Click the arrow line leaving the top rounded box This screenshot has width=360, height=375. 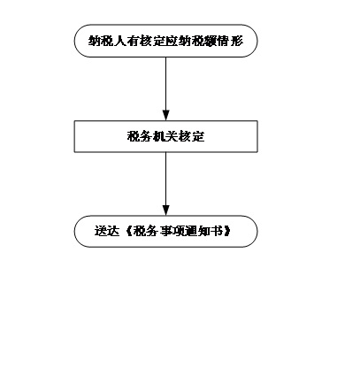166,88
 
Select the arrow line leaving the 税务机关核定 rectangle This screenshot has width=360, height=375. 166,184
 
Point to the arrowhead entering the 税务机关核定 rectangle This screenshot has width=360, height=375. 166,115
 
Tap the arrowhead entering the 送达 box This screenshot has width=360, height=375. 166,210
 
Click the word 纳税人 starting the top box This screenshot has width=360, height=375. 101,41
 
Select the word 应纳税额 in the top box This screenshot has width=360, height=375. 192,41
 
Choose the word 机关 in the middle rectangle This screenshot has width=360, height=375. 165,136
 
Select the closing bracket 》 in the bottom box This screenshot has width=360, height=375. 226,231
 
